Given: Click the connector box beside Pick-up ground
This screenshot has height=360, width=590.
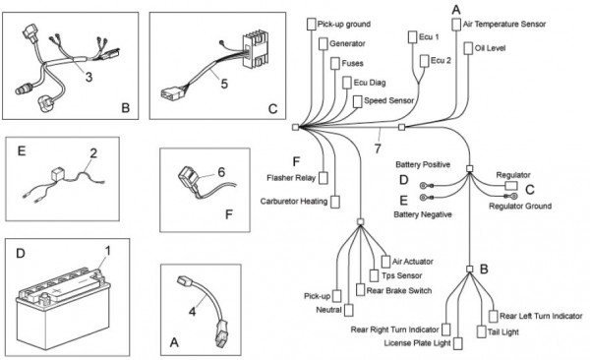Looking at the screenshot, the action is pyautogui.click(x=311, y=25).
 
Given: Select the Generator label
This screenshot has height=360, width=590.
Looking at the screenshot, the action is pyautogui.click(x=347, y=43).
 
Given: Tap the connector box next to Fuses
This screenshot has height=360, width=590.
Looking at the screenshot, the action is pyautogui.click(x=335, y=63).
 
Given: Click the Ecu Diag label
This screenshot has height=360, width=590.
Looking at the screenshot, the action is pyautogui.click(x=370, y=83).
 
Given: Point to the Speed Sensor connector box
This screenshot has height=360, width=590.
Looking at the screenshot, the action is pyautogui.click(x=358, y=101).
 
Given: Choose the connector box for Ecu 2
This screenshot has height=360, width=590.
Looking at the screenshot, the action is pyautogui.click(x=425, y=61).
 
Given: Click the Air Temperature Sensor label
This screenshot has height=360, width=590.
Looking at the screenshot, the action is pyautogui.click(x=504, y=25).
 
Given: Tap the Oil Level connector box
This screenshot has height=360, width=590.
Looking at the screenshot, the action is pyautogui.click(x=468, y=48).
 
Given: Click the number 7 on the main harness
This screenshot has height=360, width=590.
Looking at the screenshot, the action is pyautogui.click(x=378, y=149).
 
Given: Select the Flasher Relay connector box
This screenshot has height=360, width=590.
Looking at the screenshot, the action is pyautogui.click(x=324, y=178).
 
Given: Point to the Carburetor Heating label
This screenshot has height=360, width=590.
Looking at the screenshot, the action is pyautogui.click(x=294, y=202).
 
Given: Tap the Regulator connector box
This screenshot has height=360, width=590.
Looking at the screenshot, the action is pyautogui.click(x=511, y=186).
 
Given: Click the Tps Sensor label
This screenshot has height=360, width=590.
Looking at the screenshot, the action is pyautogui.click(x=401, y=275).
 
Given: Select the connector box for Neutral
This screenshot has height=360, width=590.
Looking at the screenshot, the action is pyautogui.click(x=349, y=310).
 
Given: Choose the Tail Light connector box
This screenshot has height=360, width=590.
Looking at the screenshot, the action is pyautogui.click(x=481, y=331).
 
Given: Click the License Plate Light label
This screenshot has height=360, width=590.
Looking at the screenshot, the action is pyautogui.click(x=417, y=343).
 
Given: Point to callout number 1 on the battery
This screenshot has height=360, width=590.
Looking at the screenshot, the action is pyautogui.click(x=107, y=251).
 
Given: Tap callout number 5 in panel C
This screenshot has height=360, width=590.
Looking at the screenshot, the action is pyautogui.click(x=224, y=84).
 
